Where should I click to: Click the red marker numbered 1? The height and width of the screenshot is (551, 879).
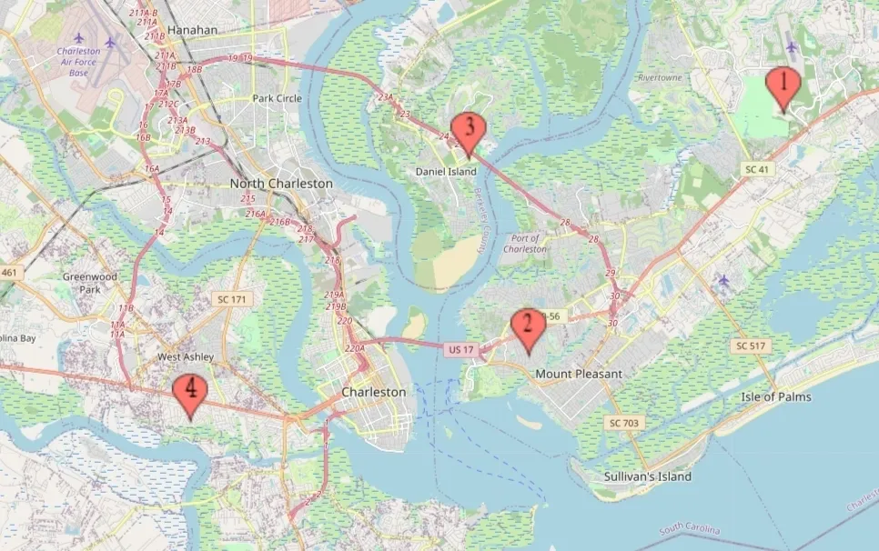[783, 87]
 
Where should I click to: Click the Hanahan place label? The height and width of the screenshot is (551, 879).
[193, 30]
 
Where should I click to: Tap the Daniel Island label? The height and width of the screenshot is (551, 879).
[446, 171]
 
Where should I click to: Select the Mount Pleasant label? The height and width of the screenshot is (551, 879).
[579, 374]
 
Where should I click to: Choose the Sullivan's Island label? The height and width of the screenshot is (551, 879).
[647, 476]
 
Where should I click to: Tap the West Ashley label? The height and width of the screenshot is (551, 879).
[186, 357]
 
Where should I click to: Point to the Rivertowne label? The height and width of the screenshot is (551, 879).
[660, 78]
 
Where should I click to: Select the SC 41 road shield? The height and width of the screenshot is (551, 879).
[757, 169]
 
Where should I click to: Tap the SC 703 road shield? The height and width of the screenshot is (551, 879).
[623, 423]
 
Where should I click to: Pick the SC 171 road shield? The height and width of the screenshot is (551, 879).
[232, 298]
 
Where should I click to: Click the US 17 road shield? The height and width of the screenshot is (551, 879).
[461, 349]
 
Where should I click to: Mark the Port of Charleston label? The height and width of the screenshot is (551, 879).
[526, 244]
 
